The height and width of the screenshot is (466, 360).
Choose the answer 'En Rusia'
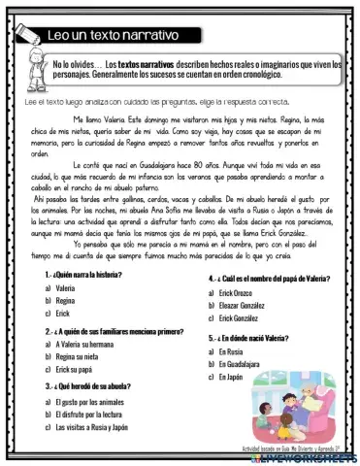[x=231, y=350]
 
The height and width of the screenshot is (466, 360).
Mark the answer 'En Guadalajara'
[x=243, y=363]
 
